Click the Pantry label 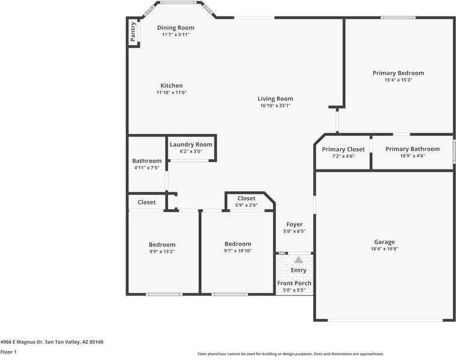[133, 31]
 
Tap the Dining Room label [175, 28]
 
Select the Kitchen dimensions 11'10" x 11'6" [171, 93]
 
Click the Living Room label [275, 99]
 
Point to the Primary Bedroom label [398, 73]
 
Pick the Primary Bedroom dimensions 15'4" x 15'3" [398, 80]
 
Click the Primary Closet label [343, 149]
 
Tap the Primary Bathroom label [412, 149]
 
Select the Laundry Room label [191, 144]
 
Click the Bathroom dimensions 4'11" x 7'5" [147, 168]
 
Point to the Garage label [384, 242]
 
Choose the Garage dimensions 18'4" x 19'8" [384, 249]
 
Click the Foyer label [294, 224]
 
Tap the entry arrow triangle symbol [299, 260]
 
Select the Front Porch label [294, 283]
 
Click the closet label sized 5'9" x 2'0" [246, 198]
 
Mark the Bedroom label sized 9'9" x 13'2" [162, 245]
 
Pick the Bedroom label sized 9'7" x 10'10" [237, 244]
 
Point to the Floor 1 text [8, 352]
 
